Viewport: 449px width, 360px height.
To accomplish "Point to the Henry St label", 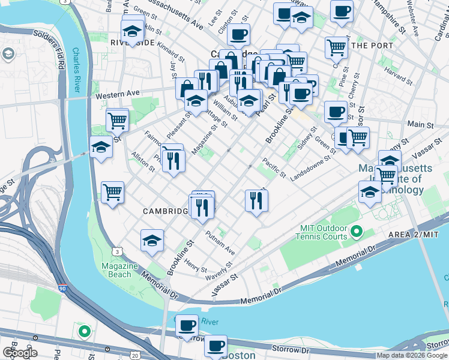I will (x=196, y=265).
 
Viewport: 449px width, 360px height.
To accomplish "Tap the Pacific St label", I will (x=274, y=167).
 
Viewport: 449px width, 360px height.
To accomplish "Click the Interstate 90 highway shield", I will (x=62, y=289).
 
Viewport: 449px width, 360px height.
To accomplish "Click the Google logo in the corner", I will (x=20, y=353).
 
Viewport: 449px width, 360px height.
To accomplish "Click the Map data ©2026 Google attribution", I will (x=412, y=355).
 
